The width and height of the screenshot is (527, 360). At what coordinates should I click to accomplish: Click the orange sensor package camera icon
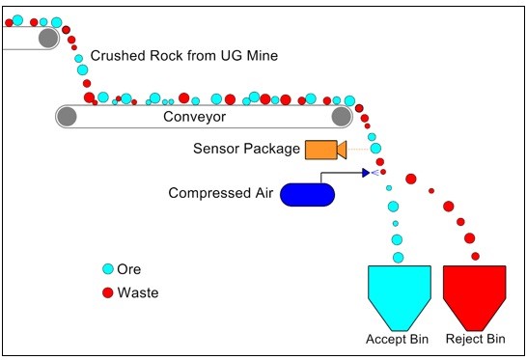323,150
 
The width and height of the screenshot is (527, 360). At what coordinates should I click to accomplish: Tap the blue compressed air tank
307,194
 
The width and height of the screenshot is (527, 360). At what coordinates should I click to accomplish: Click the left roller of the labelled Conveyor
66,117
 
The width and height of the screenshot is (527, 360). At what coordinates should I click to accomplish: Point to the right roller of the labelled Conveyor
341,117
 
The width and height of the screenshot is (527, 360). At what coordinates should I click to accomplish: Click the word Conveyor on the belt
194,117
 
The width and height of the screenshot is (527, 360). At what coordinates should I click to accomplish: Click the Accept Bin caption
395,340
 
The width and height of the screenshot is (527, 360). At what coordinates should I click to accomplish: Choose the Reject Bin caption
475,340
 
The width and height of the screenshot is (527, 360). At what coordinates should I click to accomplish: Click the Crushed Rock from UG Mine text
183,56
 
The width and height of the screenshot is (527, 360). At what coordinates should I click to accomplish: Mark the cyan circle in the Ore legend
107,269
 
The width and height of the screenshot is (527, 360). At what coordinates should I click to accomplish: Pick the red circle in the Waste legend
107,292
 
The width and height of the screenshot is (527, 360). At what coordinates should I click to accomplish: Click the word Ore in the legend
129,269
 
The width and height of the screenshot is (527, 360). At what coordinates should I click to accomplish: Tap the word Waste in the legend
138,292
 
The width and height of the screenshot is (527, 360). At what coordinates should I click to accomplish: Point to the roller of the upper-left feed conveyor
46,38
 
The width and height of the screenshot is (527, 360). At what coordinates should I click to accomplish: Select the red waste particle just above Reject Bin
475,256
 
